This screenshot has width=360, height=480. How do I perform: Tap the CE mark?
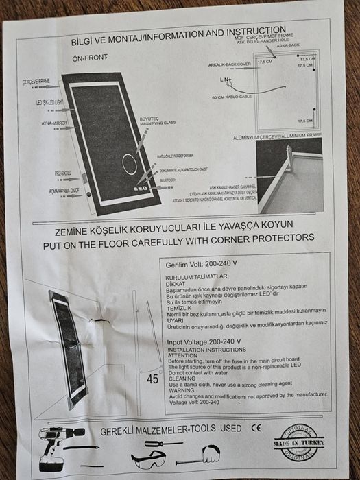[x=256, y=429]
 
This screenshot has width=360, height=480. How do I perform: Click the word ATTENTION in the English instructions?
[x=184, y=355]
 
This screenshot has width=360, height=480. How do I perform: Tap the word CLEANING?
[x=183, y=378]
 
